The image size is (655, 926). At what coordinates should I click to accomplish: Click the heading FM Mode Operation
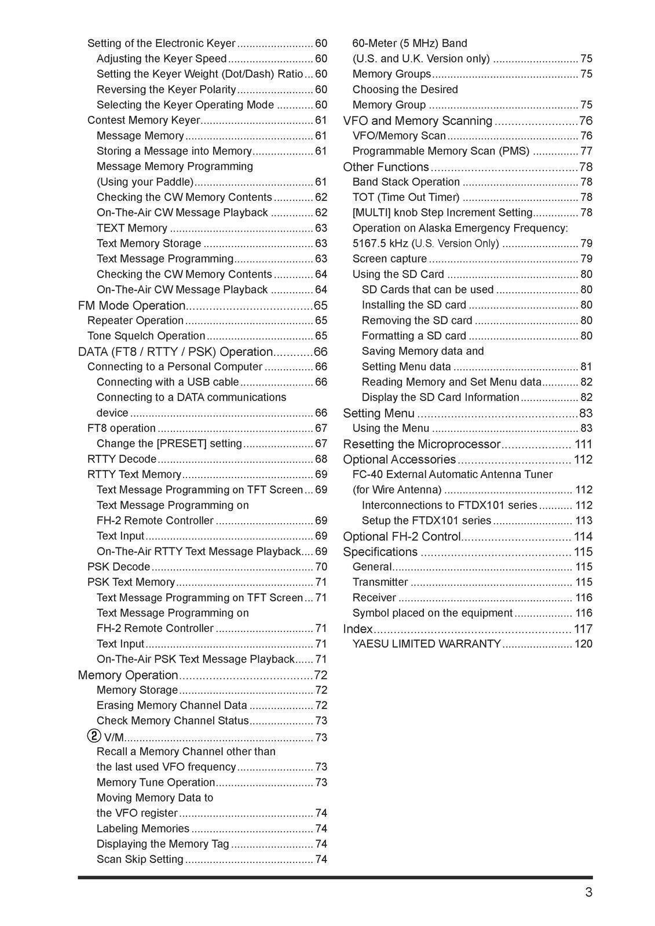tap(131, 306)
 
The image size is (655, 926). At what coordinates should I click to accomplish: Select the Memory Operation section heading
tap(128, 675)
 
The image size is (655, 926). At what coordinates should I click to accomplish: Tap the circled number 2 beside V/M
tap(94, 736)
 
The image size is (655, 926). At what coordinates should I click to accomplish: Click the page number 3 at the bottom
tap(588, 892)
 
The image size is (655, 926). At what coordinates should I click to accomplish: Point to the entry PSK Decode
tap(119, 567)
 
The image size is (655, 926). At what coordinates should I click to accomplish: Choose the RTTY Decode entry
tap(122, 459)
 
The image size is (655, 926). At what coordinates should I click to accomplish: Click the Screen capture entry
tap(389, 259)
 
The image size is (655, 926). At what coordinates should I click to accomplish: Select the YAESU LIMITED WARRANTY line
tap(426, 644)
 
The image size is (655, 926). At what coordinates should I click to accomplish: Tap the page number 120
tap(583, 644)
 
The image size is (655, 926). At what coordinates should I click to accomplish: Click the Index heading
tap(358, 629)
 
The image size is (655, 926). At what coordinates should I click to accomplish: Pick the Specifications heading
tap(380, 552)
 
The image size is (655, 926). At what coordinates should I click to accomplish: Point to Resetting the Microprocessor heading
tap(422, 444)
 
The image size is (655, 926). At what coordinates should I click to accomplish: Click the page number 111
tap(583, 444)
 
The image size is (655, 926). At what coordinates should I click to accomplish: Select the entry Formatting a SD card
tap(414, 336)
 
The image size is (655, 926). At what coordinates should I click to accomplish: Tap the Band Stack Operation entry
tap(406, 182)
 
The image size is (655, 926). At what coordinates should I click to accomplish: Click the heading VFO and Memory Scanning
tap(418, 120)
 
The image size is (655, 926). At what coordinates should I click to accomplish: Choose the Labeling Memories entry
tap(143, 828)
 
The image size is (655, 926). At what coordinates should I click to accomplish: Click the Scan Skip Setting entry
tap(140, 859)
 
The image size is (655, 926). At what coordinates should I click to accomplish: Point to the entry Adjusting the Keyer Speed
tap(162, 58)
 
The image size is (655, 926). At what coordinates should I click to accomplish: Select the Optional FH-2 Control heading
tap(402, 537)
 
